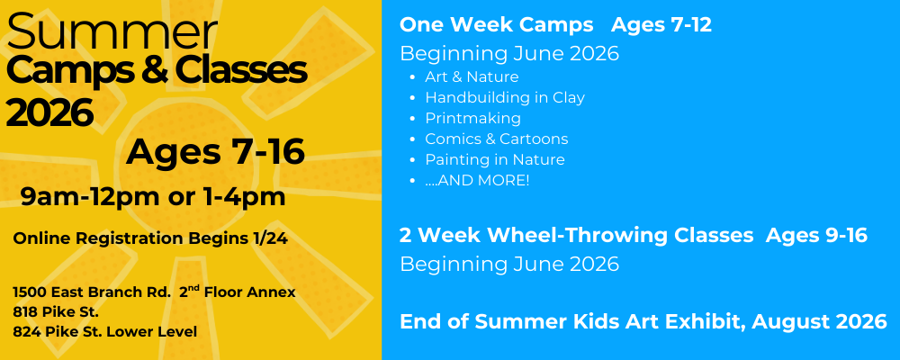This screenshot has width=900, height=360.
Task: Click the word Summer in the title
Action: [x=112, y=31]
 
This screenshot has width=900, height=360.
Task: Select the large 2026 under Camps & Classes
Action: [x=49, y=112]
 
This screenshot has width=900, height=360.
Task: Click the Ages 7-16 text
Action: [x=215, y=152]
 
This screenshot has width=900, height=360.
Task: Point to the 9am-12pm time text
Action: [x=89, y=197]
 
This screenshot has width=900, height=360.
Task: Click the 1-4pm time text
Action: [x=245, y=197]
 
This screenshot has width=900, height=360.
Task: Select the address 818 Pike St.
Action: [x=56, y=312]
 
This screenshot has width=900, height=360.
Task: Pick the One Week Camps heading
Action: [x=497, y=24]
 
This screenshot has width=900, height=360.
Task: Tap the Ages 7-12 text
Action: [x=661, y=24]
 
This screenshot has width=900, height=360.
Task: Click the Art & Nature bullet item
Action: [x=472, y=76]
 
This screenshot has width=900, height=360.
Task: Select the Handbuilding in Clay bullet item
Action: [x=505, y=98]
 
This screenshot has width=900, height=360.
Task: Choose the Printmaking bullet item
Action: [x=473, y=119]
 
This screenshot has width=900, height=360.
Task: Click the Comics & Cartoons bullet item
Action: [x=497, y=139]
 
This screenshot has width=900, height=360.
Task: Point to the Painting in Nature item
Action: [x=495, y=159]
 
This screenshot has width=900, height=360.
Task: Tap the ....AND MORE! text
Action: [x=477, y=180]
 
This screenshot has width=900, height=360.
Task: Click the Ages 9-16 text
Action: [x=817, y=236]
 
